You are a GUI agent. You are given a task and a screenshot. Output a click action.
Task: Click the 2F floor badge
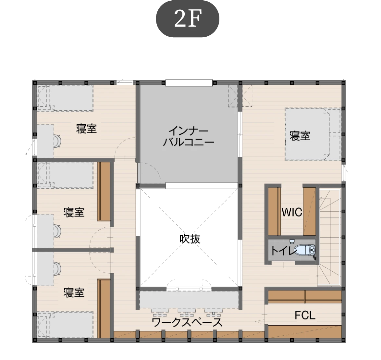(x=187, y=19)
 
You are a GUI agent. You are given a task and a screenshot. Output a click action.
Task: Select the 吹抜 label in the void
(x=190, y=239)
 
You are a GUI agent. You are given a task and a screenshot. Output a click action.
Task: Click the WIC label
(x=292, y=212)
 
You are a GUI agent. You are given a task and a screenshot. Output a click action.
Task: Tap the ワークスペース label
(x=187, y=323)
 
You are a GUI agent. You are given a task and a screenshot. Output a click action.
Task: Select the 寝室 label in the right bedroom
(x=300, y=136)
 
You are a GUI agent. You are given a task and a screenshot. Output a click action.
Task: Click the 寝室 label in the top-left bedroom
(x=86, y=128)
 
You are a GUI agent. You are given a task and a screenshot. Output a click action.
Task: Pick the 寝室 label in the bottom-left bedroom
(x=74, y=293)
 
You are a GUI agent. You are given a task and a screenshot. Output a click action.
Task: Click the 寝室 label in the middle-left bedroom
(x=74, y=212)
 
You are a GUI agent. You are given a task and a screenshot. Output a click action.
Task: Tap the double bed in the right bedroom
(x=313, y=134)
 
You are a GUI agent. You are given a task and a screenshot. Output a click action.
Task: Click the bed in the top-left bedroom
(x=65, y=98)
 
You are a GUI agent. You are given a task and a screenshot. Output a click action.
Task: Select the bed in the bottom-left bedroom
(x=65, y=325)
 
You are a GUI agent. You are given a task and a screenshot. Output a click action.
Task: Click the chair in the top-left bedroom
(x=57, y=141)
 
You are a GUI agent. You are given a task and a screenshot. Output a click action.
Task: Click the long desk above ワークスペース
(x=189, y=300)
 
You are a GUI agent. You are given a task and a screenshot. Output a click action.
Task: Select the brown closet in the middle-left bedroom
(x=104, y=191)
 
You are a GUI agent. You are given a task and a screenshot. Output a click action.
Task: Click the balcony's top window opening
(x=189, y=83)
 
